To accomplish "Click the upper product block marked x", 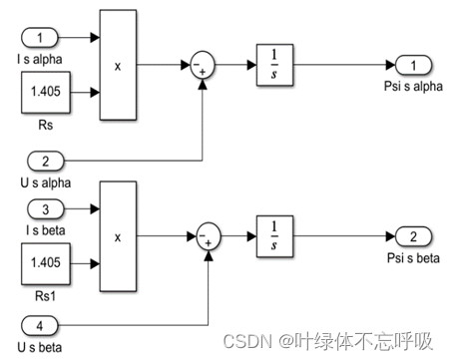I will point(118,65).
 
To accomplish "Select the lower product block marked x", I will point(118,237).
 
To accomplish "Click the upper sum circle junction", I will point(203,66).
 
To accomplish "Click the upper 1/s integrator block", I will point(272,66).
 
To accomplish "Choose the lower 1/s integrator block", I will point(272,237).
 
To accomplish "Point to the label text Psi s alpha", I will point(411,86).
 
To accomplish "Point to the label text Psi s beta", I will point(411,258).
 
